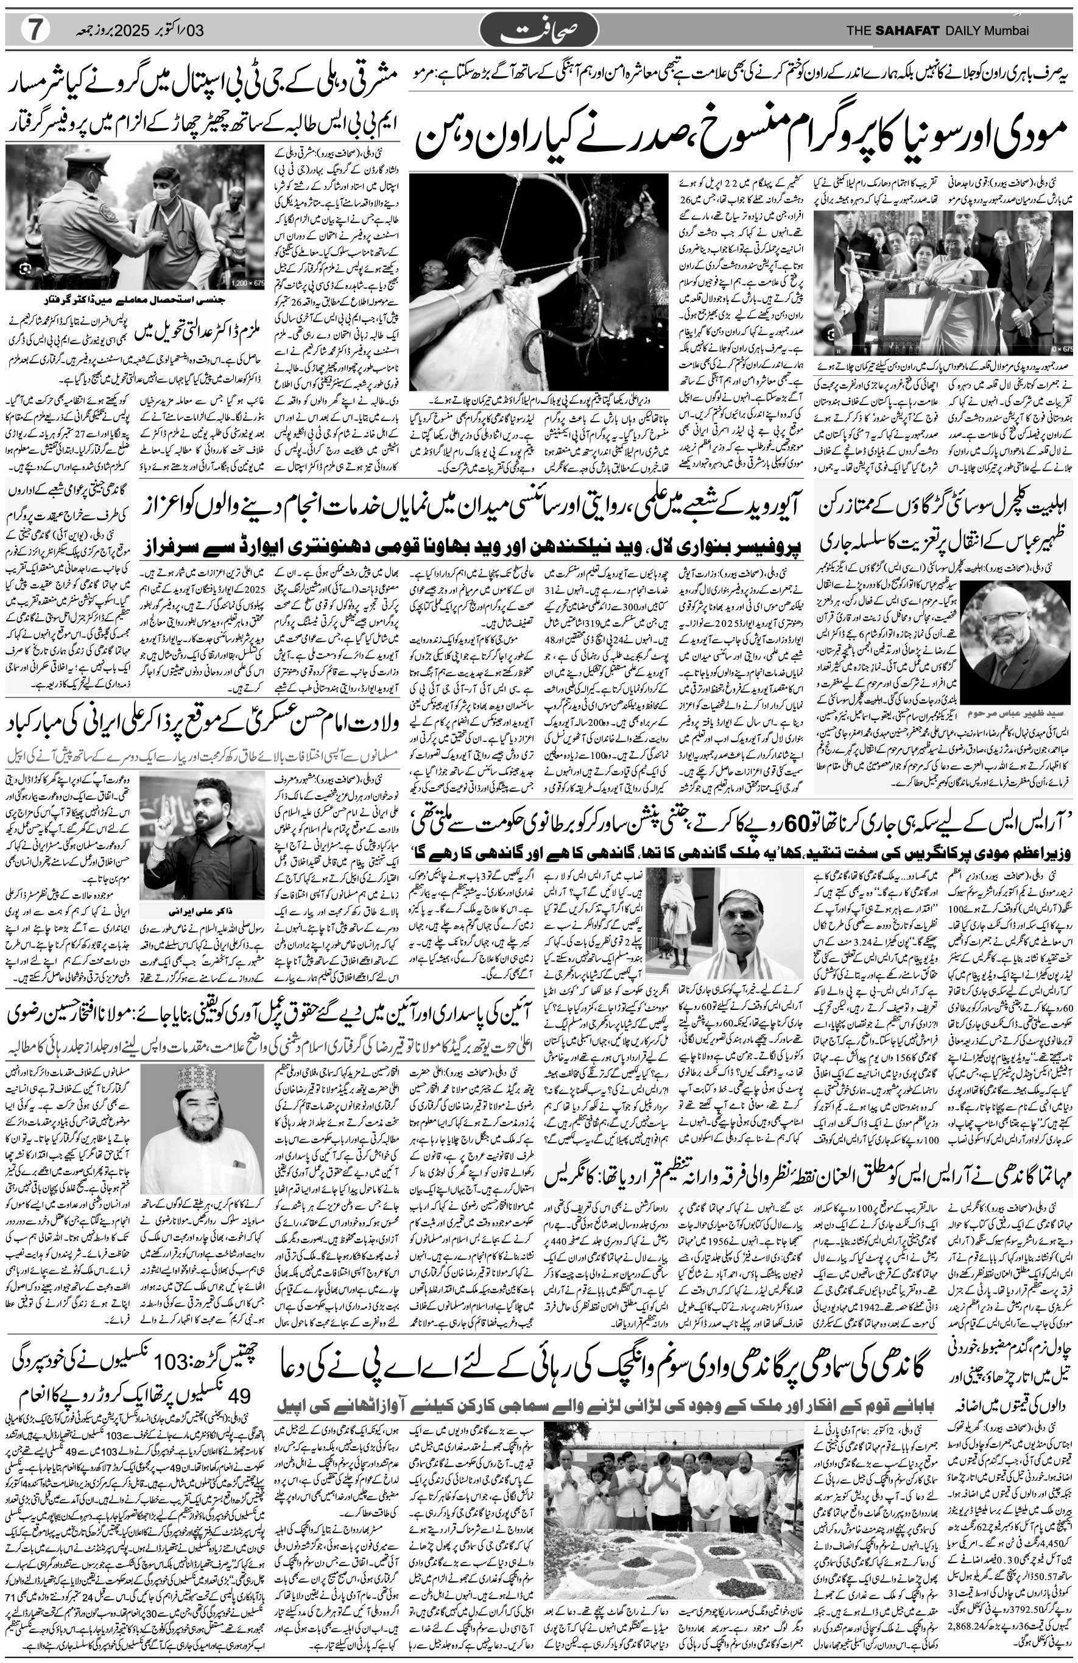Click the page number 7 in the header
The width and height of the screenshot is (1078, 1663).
[33, 30]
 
